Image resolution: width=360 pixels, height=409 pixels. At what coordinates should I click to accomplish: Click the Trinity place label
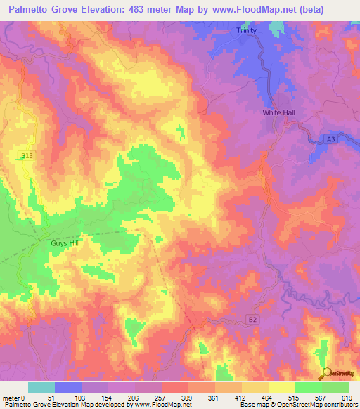point(246,31)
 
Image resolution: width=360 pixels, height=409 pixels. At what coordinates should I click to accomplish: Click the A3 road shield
point(330,140)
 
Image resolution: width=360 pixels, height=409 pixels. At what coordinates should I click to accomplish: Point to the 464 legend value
point(268,397)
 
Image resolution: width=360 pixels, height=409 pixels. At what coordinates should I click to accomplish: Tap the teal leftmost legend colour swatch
point(41,387)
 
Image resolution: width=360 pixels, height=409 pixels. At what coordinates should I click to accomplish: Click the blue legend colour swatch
point(68,387)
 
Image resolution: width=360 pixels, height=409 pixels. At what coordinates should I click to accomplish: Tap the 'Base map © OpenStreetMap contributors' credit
point(297,405)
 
